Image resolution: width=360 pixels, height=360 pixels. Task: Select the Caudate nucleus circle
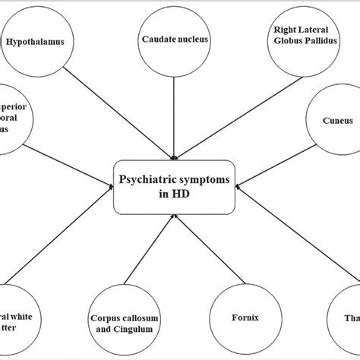point(176,38)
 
